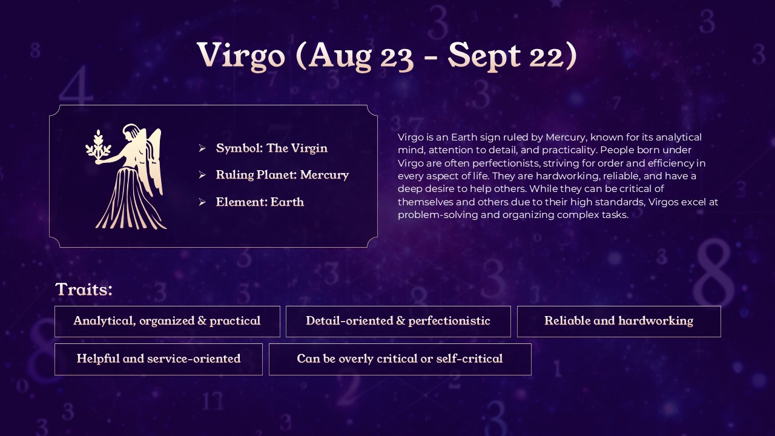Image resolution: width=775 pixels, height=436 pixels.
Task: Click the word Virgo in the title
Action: [241, 55]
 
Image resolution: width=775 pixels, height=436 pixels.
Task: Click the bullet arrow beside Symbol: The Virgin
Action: [202, 148]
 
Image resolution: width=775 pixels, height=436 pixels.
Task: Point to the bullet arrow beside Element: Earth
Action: [202, 202]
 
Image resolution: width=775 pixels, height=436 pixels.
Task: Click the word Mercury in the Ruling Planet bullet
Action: [325, 175]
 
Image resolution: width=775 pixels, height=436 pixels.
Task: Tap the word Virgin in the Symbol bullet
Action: [309, 148]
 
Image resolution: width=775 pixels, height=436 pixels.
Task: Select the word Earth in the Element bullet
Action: [287, 202]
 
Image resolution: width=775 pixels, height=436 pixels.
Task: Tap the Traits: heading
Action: [84, 289]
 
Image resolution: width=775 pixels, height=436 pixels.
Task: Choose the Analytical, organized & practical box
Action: [167, 322]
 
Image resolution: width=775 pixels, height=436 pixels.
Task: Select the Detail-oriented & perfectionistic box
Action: [398, 322]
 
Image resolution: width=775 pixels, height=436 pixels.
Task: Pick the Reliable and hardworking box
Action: [619, 322]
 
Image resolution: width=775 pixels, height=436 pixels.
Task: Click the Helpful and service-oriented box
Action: [159, 359]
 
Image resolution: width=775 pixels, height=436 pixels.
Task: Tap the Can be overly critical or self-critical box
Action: [400, 359]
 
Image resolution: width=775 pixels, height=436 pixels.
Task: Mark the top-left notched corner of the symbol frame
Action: [55, 111]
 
